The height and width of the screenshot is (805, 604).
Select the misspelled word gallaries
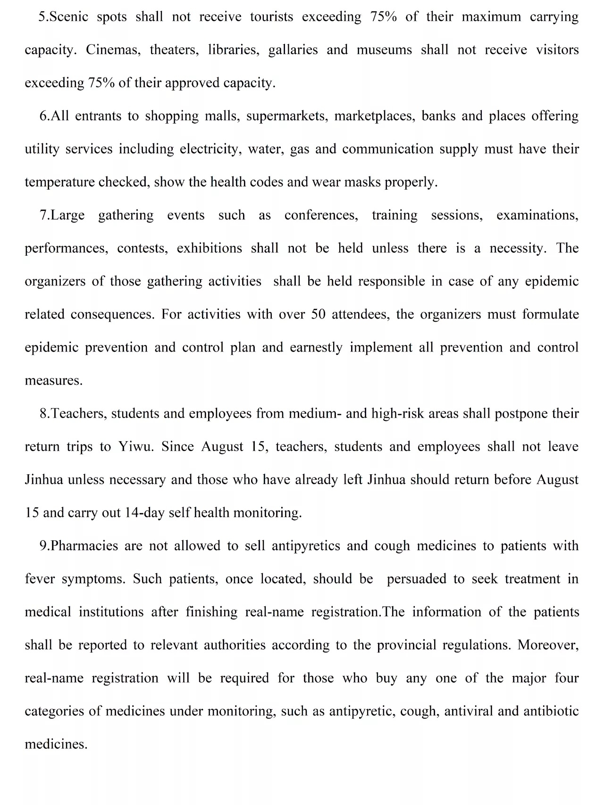[x=293, y=50]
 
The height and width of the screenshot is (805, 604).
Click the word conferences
[x=321, y=216]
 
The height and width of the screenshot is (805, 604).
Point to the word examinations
[x=537, y=216]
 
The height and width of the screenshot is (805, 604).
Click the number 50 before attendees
[x=319, y=315]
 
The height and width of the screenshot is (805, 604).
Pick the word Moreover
[x=548, y=645]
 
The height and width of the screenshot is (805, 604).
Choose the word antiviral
[x=468, y=711]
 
